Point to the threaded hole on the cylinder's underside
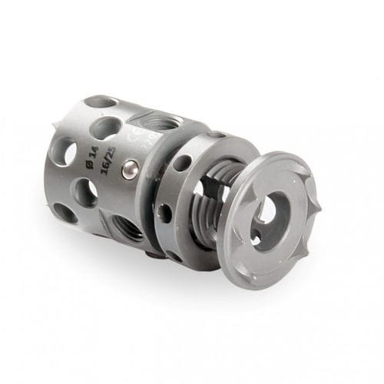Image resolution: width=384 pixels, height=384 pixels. click(125, 227)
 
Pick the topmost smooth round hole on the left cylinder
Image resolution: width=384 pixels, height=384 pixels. click(100, 101)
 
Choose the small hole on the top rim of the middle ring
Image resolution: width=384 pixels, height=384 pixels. click(216, 134)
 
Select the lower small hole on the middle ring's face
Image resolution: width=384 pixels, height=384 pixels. click(163, 212)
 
